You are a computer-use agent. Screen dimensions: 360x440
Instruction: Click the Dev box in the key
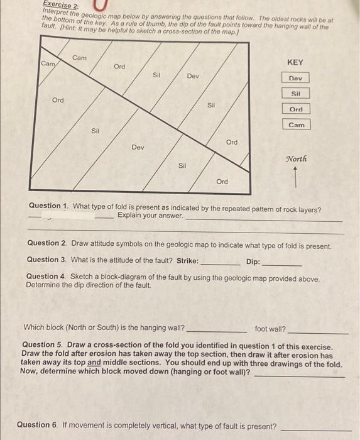(x=295, y=78)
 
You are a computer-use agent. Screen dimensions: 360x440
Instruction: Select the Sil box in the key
(x=296, y=94)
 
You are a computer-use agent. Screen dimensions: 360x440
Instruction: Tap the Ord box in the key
(x=296, y=109)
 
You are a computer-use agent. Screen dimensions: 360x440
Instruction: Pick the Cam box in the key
(x=297, y=125)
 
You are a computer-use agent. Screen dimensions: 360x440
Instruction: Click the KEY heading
(x=295, y=62)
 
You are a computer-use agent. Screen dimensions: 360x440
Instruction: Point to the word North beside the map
(x=296, y=159)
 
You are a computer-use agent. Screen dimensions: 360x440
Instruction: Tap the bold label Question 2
(x=47, y=243)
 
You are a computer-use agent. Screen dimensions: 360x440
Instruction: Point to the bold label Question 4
(x=46, y=277)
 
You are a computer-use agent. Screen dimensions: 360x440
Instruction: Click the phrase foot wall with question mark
(x=270, y=328)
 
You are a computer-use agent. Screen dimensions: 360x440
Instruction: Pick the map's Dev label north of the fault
(x=193, y=76)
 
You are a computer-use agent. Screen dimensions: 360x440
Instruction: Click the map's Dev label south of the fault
(x=138, y=147)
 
